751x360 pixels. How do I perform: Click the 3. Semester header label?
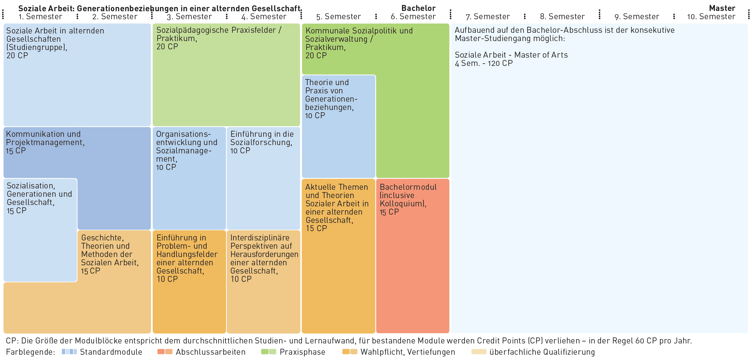click(189, 17)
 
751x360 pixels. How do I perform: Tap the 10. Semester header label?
click(711, 17)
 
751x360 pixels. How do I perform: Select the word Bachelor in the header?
click(418, 8)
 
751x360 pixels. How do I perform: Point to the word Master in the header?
click(722, 8)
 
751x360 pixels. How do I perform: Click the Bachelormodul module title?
click(408, 187)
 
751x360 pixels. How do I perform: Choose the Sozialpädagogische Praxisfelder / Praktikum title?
click(219, 34)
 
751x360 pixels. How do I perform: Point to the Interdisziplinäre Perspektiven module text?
click(264, 254)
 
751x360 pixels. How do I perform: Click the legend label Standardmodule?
click(111, 352)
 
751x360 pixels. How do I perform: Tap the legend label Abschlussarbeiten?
click(211, 352)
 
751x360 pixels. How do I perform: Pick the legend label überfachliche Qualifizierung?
click(542, 352)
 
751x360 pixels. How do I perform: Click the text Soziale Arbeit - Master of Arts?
click(511, 55)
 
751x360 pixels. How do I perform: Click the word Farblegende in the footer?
click(30, 352)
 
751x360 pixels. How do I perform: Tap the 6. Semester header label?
click(413, 17)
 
